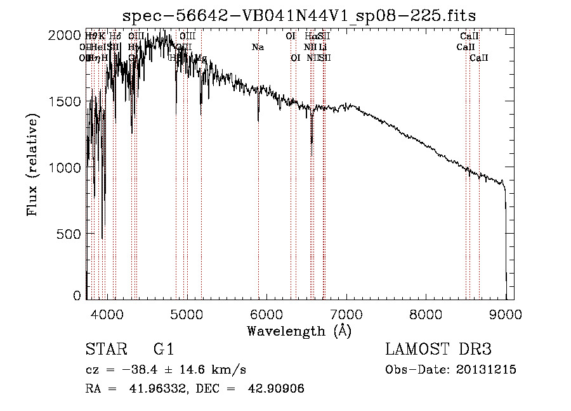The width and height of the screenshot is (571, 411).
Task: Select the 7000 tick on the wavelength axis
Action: tap(346, 313)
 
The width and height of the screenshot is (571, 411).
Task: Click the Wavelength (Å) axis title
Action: tap(299, 331)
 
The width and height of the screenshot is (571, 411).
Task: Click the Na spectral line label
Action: tap(258, 47)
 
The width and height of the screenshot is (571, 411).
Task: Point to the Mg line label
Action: tap(200, 58)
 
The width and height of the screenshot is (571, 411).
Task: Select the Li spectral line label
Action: tap(323, 47)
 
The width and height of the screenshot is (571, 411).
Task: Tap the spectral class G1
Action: tap(163, 350)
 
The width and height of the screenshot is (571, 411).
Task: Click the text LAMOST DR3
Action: tap(438, 350)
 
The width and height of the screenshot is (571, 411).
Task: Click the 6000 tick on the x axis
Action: tap(266, 313)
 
